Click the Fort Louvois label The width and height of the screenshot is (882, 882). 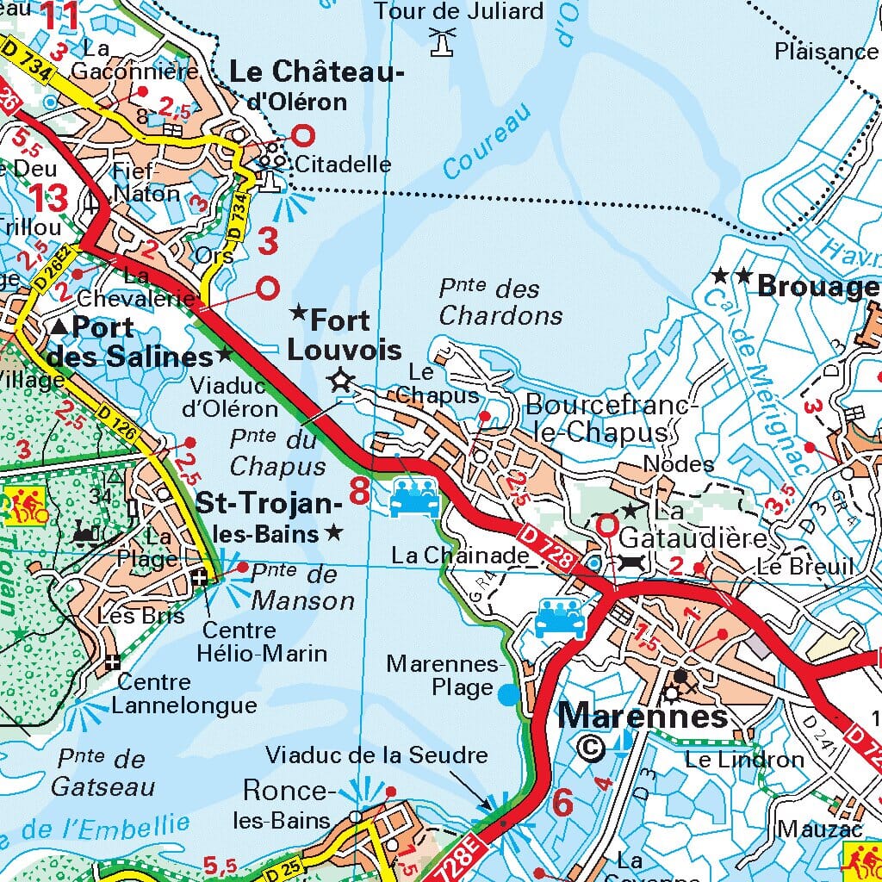344,335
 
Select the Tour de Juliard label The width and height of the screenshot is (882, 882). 459,11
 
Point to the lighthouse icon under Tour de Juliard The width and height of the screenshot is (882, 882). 444,41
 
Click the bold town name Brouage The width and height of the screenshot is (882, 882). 817,287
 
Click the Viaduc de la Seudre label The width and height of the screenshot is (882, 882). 376,755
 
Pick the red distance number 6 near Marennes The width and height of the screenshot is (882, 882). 562,803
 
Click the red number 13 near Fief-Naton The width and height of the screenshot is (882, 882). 49,198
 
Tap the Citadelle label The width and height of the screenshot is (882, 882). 343,164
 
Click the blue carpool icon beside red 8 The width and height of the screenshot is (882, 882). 414,498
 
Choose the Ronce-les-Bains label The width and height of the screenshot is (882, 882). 284,804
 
